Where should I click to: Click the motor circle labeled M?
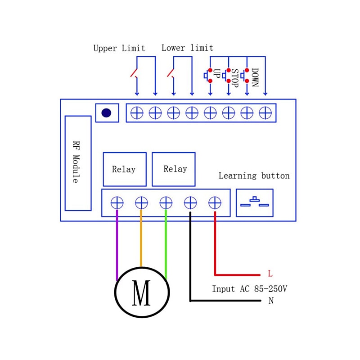point(142,292)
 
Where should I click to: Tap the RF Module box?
point(78,163)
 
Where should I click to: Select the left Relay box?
point(125,169)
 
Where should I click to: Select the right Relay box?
point(174,169)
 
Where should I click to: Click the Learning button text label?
point(254,176)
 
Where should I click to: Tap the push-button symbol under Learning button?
point(254,202)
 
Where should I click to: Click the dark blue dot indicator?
point(106,113)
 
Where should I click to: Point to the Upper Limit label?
point(119,48)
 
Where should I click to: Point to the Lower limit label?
point(187,48)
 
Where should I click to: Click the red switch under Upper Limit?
point(134,73)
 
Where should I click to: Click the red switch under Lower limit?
point(171,73)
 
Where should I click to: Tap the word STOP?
point(234,78)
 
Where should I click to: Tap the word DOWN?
point(254,77)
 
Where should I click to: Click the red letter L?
point(270,274)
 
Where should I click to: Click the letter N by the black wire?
point(271,301)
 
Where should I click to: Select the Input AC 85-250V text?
point(249,289)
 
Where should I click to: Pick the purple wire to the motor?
point(117,245)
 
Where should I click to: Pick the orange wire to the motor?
point(141,238)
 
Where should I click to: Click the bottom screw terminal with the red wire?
point(215,203)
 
